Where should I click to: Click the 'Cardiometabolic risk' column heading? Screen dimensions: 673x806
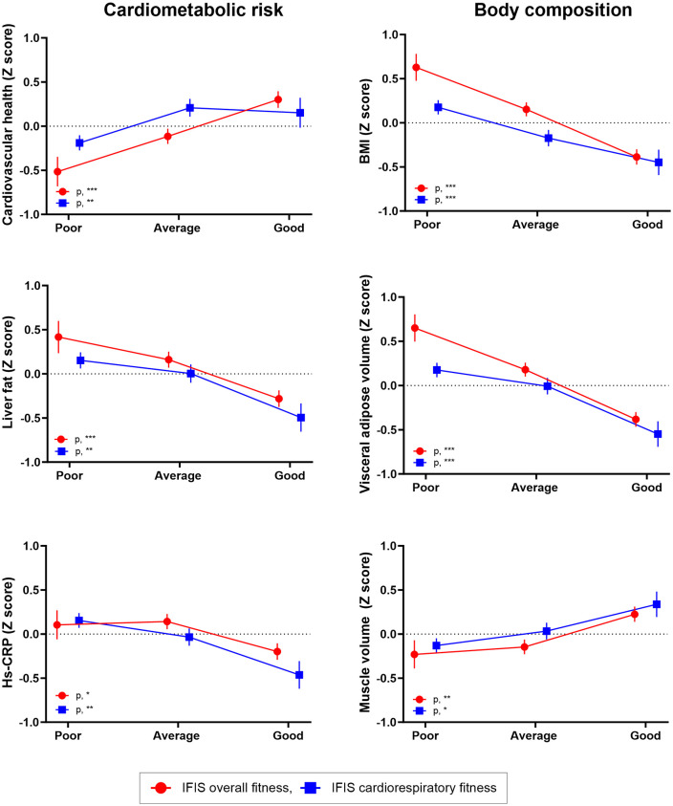tap(193, 11)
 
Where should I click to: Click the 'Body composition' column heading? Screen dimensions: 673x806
tap(554, 11)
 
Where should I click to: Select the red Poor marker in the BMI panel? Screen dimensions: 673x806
tap(417, 67)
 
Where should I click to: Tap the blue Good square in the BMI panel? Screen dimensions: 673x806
tap(658, 163)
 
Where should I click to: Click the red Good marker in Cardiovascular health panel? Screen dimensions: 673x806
tap(278, 99)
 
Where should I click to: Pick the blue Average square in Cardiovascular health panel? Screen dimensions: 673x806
tap(189, 108)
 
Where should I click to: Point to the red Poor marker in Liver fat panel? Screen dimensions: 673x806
tap(58, 338)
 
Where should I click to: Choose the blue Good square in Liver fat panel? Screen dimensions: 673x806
tap(301, 418)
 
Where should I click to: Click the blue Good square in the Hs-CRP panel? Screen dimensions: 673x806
tap(299, 675)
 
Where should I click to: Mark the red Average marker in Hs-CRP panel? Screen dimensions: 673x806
tap(167, 621)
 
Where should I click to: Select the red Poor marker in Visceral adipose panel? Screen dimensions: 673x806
tap(415, 328)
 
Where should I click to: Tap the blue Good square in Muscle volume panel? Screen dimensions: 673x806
tap(657, 604)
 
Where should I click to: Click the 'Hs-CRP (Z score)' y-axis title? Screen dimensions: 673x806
tap(9, 633)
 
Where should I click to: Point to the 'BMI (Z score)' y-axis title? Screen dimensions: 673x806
tap(365, 121)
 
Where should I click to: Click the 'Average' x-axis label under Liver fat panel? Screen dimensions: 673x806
tap(178, 476)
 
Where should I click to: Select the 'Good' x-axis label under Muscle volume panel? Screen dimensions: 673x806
tap(645, 736)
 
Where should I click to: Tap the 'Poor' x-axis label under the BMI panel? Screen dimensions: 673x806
tap(427, 225)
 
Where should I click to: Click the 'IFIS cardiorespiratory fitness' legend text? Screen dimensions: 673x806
tap(414, 788)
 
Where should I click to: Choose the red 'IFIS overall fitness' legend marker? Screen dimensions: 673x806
tap(161, 788)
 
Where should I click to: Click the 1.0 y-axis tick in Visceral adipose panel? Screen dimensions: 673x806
tap(389, 297)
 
